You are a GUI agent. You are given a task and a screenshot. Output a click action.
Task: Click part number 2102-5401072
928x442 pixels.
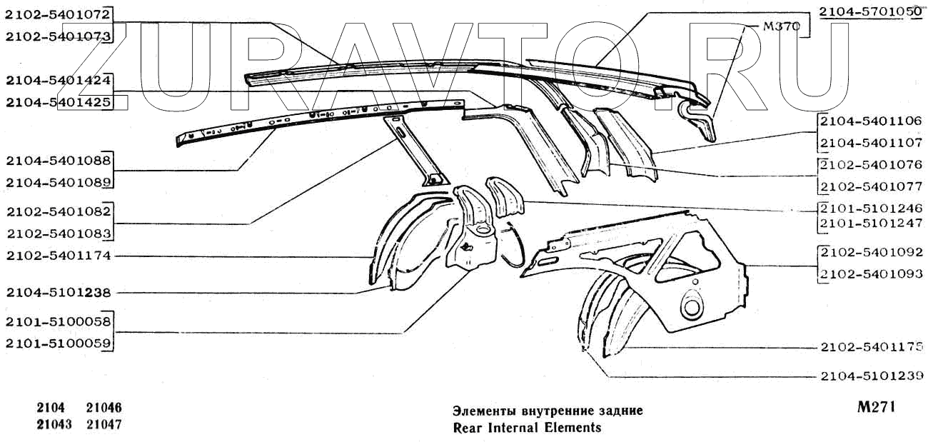tap(57, 14)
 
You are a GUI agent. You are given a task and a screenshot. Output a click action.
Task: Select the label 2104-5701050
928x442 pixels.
tap(869, 11)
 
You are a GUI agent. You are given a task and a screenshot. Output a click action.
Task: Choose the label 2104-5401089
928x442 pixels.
tap(57, 183)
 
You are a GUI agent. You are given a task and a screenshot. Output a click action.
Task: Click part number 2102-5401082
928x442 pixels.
tap(57, 211)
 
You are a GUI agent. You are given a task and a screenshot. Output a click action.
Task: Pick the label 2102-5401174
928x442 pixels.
tap(57, 256)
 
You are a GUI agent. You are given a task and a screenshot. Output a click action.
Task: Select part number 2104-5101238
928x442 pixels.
tap(57, 292)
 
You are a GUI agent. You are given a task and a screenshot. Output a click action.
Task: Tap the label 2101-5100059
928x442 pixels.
tap(57, 344)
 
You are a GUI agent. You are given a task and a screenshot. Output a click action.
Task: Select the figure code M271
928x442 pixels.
tap(876, 408)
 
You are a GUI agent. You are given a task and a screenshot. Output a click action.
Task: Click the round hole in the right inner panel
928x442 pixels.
tap(691, 307)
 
